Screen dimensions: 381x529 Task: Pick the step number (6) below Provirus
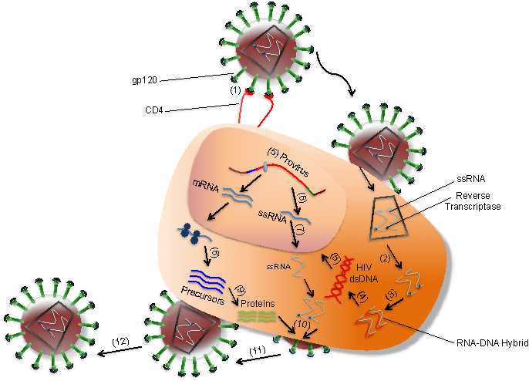click(x=303, y=199)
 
